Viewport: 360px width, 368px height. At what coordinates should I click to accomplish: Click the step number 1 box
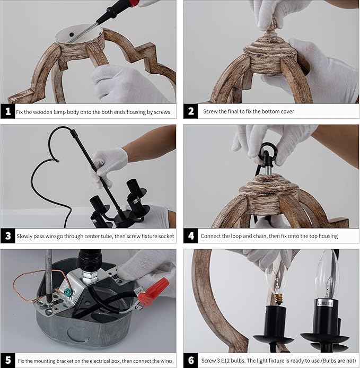click(8, 111)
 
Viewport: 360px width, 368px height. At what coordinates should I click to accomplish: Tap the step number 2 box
click(191, 111)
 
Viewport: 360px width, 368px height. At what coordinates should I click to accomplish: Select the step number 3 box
click(8, 235)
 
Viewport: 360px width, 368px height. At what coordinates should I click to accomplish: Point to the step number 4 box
click(191, 235)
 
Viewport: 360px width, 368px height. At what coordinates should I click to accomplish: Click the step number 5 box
click(8, 360)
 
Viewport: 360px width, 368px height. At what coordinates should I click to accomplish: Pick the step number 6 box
click(191, 360)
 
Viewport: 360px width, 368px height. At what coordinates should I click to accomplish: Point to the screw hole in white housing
click(72, 35)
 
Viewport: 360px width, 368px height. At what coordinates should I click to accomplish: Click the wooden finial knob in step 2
click(271, 28)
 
